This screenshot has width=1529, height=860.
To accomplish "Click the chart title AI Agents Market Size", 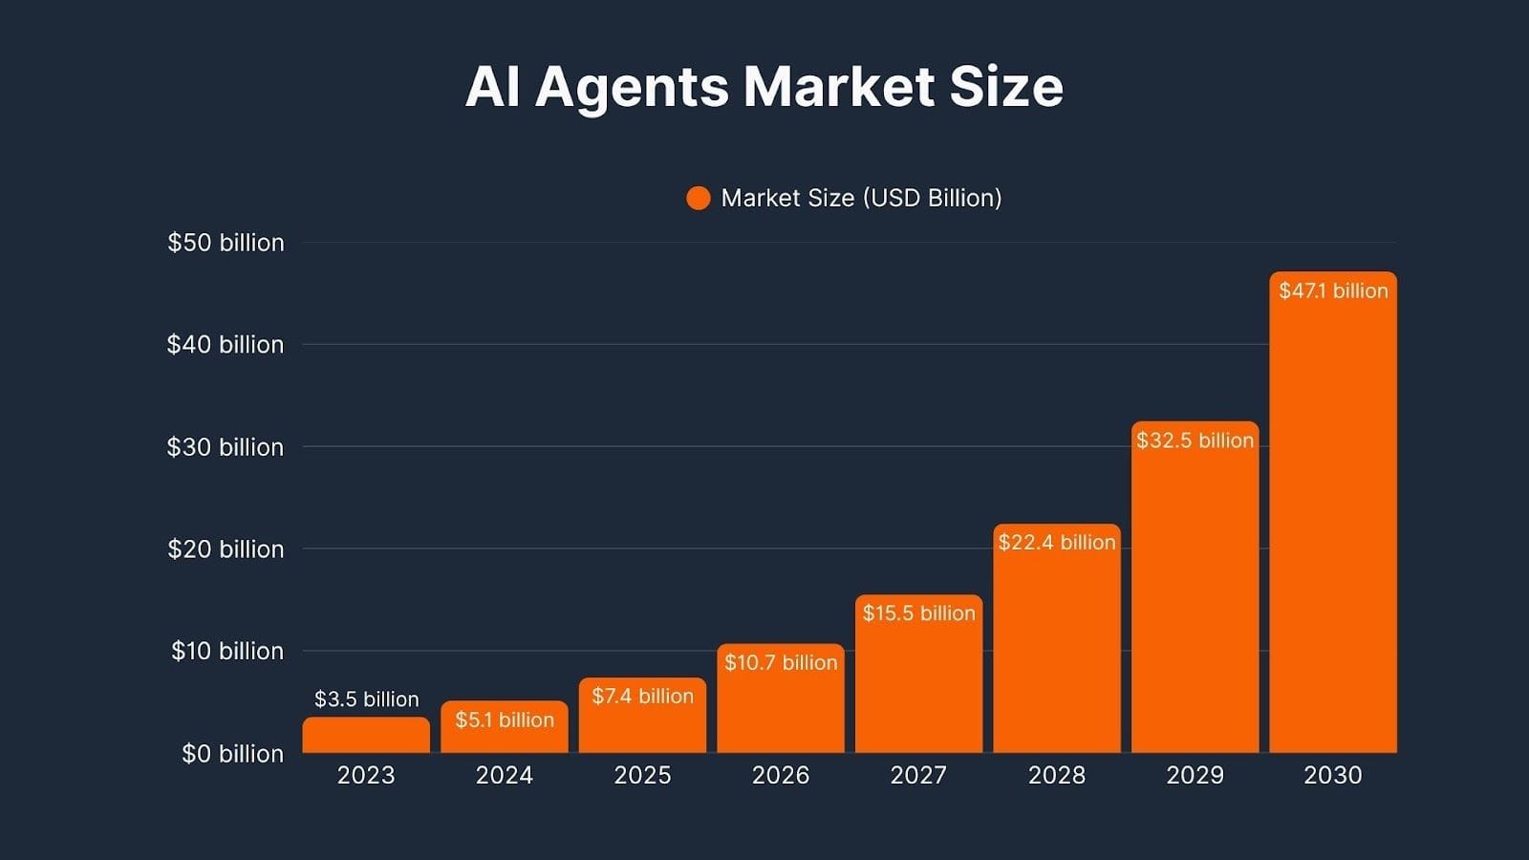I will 764,86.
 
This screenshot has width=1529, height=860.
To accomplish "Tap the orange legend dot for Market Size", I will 699,198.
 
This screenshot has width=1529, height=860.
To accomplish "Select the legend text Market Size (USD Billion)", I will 861,198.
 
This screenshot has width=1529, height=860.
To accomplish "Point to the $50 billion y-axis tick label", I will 226,243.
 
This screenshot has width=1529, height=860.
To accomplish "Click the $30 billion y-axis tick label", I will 226,447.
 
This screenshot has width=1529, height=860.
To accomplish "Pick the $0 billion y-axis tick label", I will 232,754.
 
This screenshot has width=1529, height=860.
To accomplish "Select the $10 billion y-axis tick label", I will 227,652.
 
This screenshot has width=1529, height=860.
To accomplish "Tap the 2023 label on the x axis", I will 366,775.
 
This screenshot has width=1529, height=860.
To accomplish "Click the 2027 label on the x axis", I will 918,775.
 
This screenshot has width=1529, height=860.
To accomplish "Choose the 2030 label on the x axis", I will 1333,775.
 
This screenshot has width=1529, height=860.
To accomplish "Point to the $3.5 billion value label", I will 367,699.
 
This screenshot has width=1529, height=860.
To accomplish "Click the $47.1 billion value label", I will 1333,290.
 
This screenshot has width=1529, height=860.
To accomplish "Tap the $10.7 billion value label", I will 781,662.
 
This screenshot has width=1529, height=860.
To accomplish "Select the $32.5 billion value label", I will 1195,441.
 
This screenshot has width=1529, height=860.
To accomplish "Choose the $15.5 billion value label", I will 919,613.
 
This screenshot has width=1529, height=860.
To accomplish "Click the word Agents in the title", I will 632,88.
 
